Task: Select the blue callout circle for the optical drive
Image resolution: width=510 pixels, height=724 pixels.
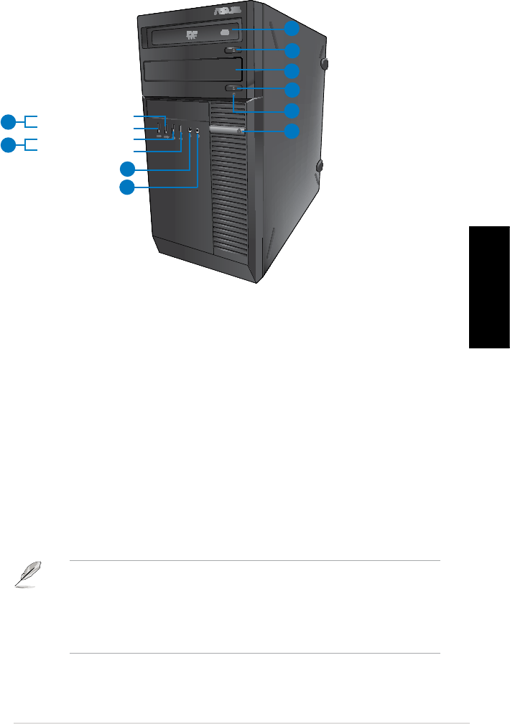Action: click(x=292, y=29)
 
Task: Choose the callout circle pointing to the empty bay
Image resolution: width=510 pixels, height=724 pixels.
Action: click(x=292, y=70)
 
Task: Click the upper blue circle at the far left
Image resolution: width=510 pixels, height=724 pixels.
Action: click(x=8, y=121)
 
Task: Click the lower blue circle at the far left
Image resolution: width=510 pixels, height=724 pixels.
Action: click(x=8, y=145)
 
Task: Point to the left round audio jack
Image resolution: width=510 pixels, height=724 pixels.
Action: click(x=190, y=131)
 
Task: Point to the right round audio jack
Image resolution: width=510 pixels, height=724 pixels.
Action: click(x=198, y=131)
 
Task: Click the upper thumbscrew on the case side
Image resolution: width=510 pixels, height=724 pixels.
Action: click(x=326, y=64)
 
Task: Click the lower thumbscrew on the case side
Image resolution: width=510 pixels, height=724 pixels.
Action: click(x=320, y=166)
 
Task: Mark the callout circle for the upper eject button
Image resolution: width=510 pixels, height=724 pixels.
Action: click(x=292, y=50)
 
